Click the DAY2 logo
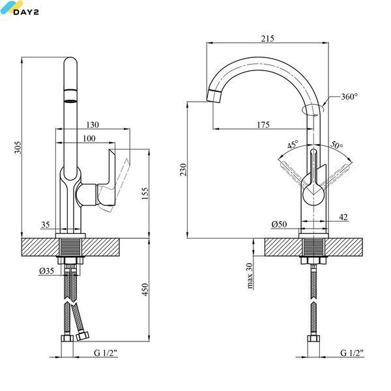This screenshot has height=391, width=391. [20, 8]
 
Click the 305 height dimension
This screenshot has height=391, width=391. [18, 147]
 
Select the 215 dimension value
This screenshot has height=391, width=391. [268, 38]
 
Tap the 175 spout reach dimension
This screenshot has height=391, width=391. [263, 124]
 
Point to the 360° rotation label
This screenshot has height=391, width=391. [349, 96]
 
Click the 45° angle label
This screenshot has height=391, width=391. [293, 145]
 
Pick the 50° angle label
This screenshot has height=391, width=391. [337, 145]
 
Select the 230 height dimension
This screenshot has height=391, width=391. [184, 169]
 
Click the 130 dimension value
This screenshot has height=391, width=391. [93, 124]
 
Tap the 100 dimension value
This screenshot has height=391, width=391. [89, 138]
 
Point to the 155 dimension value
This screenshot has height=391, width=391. [145, 194]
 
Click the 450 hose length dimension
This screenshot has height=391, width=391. [145, 289]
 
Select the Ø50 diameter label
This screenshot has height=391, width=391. [279, 224]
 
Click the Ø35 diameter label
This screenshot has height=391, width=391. [47, 271]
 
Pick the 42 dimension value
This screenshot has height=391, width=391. [343, 217]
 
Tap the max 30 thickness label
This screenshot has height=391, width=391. [250, 276]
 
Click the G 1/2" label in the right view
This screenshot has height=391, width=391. [352, 353]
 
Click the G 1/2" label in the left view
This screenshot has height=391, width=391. [106, 353]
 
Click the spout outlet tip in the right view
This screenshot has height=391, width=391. [214, 96]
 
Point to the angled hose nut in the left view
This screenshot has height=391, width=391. [82, 336]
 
